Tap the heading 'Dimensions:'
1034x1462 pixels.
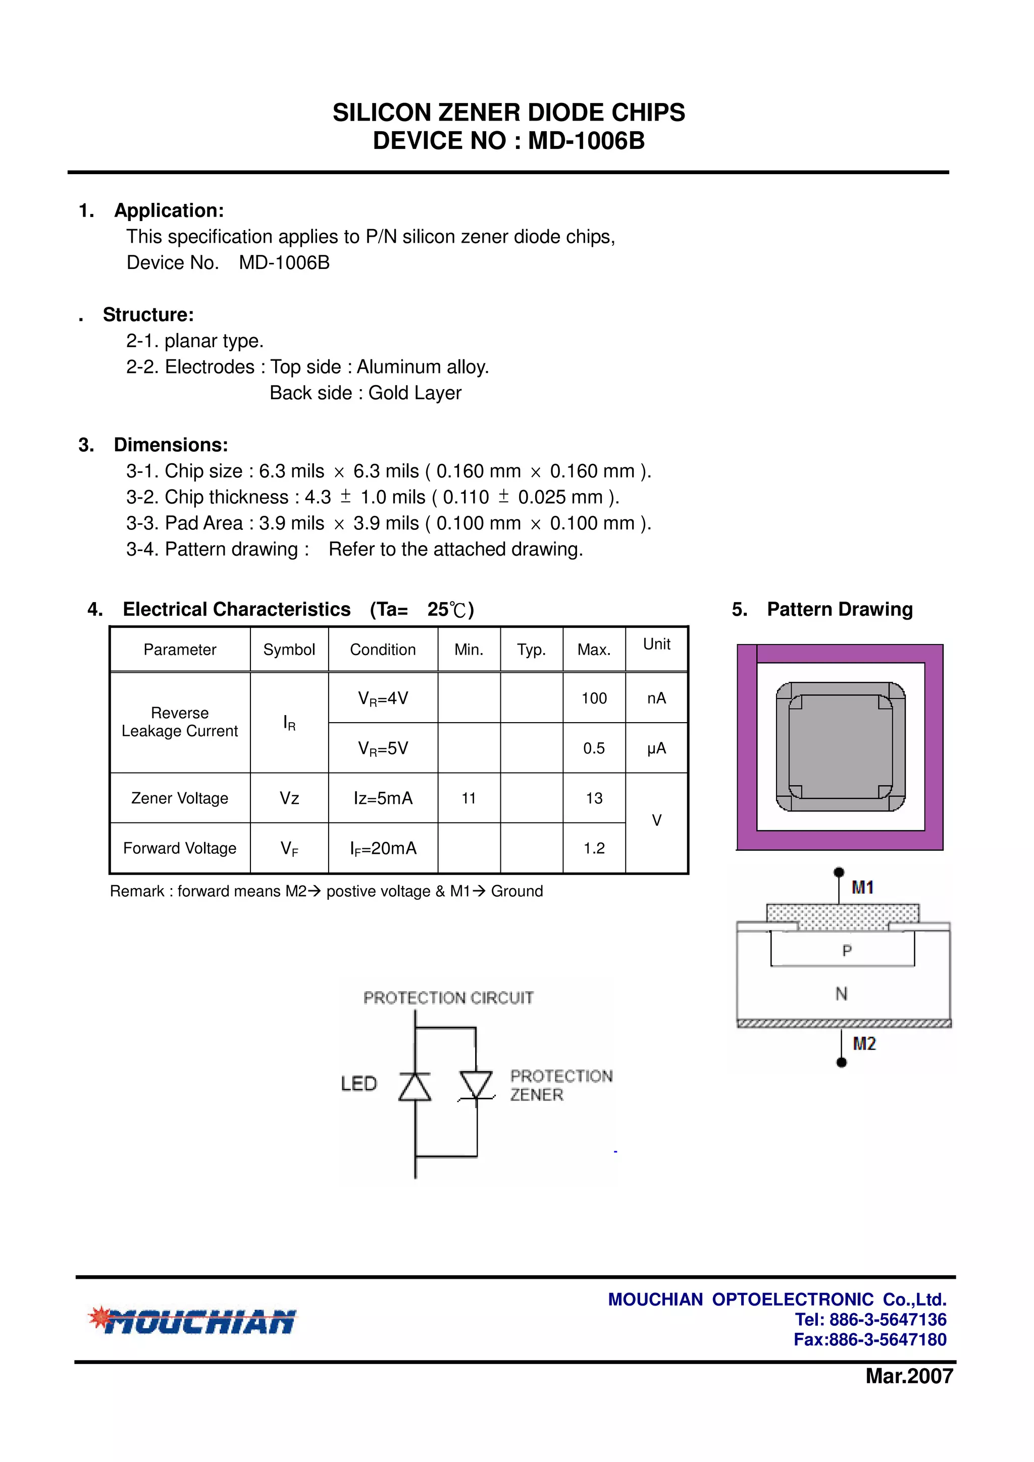171,445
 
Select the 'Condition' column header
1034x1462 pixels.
382,649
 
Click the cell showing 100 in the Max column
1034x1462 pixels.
594,698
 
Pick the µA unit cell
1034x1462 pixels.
656,748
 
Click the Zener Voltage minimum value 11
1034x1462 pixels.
469,798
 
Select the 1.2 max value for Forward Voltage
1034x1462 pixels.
594,848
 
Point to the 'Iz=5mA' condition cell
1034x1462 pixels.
383,798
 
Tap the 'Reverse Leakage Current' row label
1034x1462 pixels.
180,722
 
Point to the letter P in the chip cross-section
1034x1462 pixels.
847,951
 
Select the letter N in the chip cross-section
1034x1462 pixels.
842,994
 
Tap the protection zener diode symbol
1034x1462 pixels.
476,1085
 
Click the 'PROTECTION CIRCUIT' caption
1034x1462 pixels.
448,998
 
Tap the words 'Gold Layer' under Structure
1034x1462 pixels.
415,393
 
